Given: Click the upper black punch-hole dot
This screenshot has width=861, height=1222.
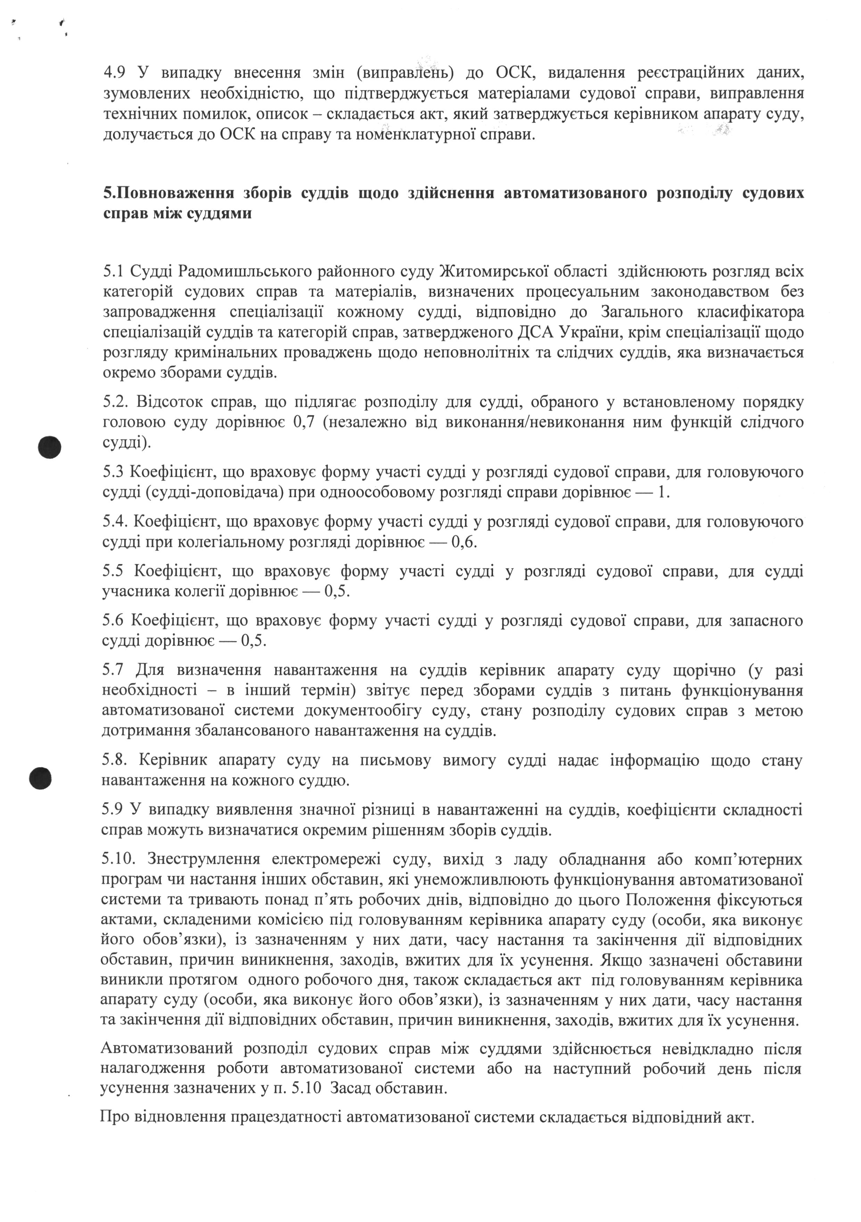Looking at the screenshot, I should pyautogui.click(x=50, y=447).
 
